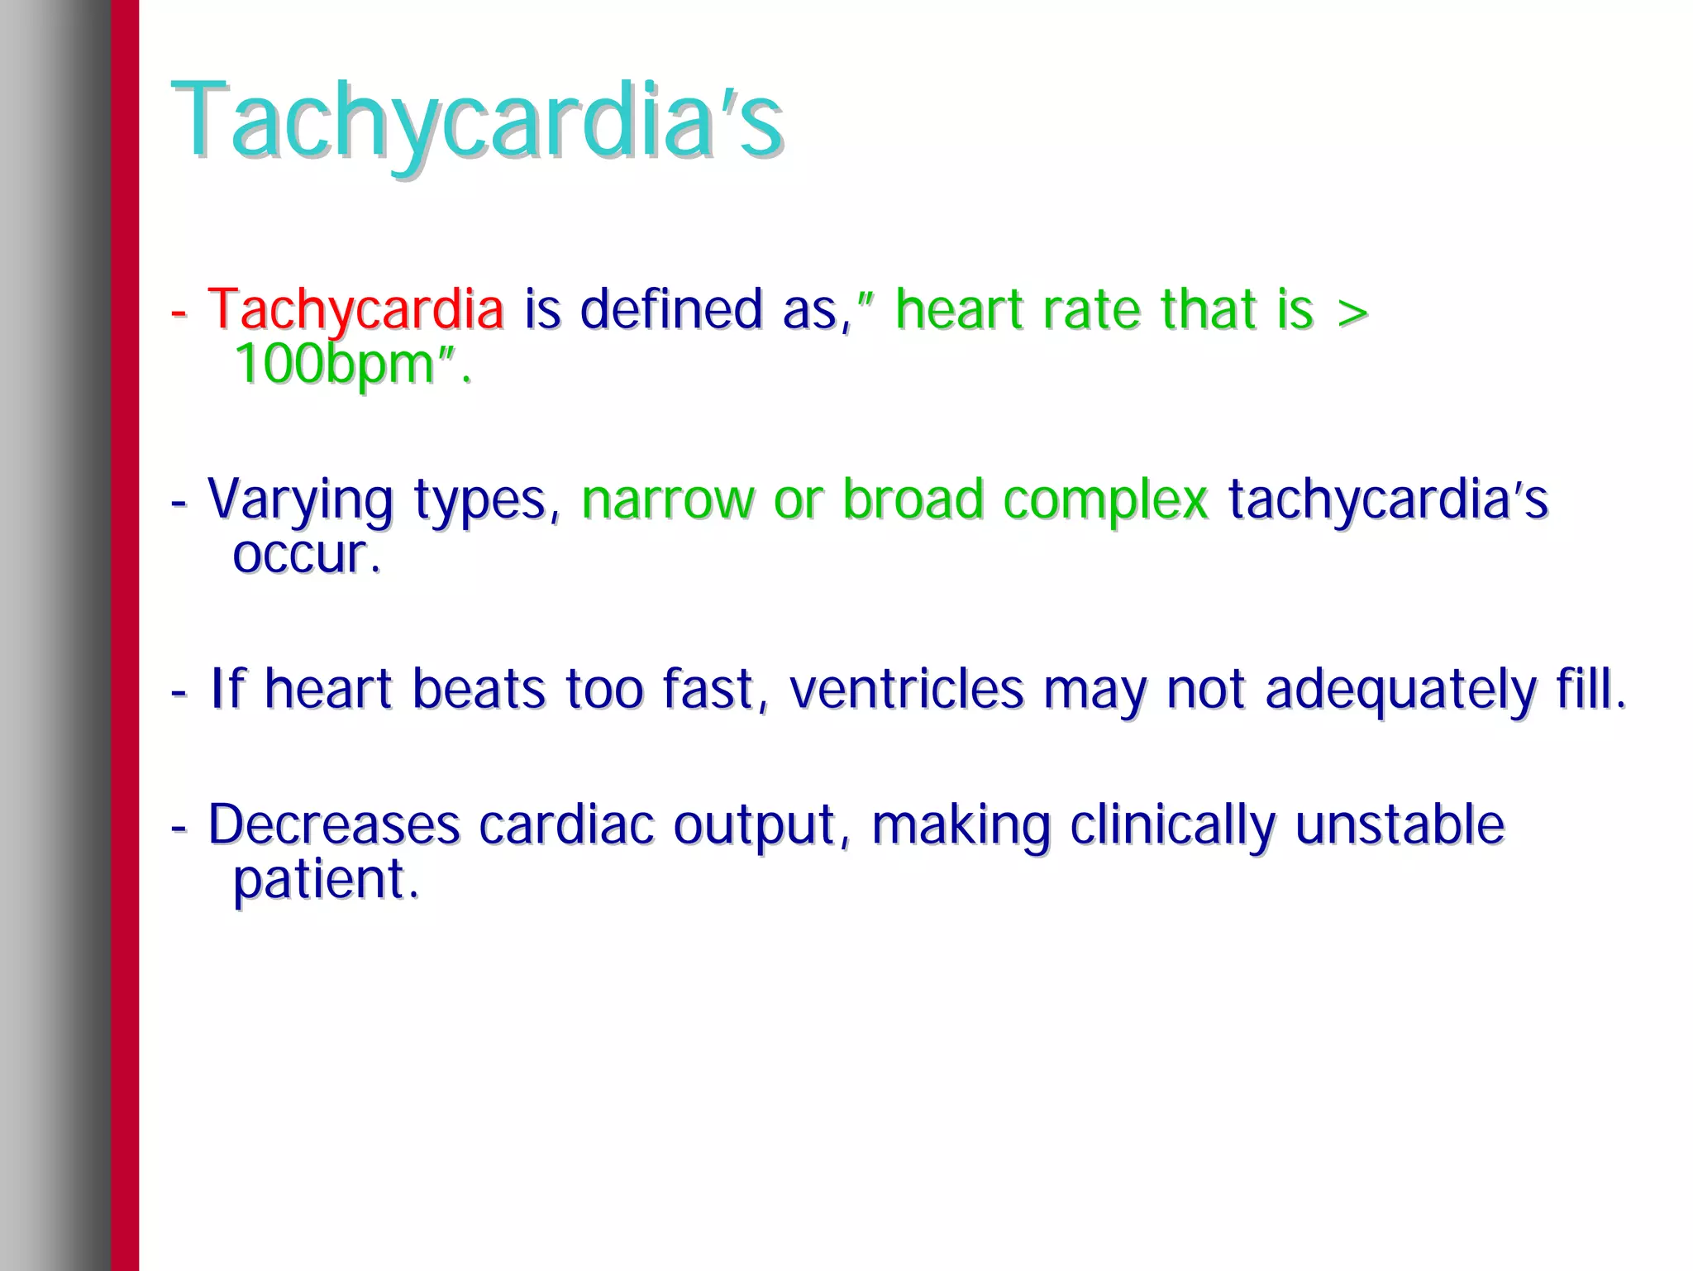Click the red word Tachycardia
coord(355,308)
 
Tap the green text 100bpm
coord(334,364)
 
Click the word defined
coord(670,308)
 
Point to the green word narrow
coord(667,500)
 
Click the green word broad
coord(912,499)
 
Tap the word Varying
coord(300,500)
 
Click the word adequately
coord(1400,690)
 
